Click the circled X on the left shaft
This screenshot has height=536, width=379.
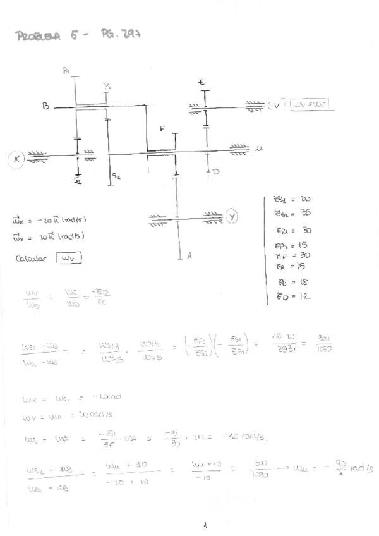coord(16,159)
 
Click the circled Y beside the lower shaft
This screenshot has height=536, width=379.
coord(232,217)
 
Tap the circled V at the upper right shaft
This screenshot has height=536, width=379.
coord(276,105)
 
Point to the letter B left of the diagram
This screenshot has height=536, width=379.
coord(46,106)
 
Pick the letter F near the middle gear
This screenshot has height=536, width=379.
coord(163,130)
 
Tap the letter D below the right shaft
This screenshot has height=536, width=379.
coord(216,171)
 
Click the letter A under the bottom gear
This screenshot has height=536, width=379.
coord(189,257)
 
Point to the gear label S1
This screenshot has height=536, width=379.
coord(76,181)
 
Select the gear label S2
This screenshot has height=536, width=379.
coord(116,176)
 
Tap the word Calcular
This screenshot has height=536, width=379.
coord(30,258)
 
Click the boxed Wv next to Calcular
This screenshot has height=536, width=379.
coord(69,258)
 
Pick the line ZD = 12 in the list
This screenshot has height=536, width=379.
coord(292,296)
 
